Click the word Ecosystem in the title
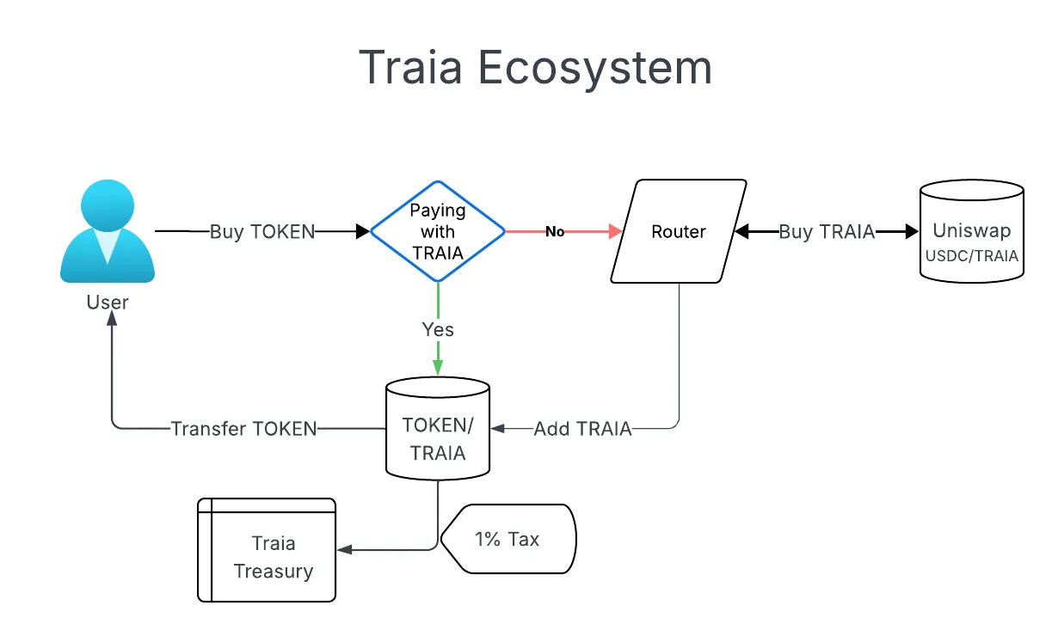595,67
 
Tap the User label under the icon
108,302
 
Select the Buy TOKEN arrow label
262,231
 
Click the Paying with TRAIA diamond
438,231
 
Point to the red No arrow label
555,231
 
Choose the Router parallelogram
678,231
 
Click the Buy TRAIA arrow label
827,231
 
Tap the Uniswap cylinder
971,230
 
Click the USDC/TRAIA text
971,255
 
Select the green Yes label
438,329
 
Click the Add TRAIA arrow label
582,428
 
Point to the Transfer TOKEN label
244,428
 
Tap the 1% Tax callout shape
507,539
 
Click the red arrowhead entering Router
616,231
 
